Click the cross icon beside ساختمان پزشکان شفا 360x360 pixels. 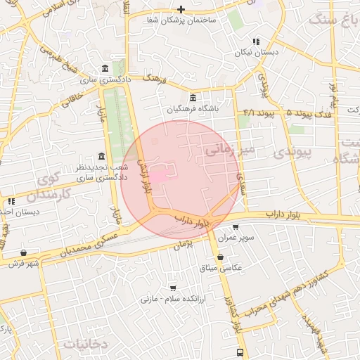pyautogui.click(x=181, y=9)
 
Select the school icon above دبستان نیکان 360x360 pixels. pyautogui.click(x=257, y=41)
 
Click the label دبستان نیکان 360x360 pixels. pyautogui.click(x=257, y=53)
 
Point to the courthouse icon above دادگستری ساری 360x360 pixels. pyautogui.click(x=105, y=68)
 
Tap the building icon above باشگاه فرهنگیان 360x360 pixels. pyautogui.click(x=193, y=97)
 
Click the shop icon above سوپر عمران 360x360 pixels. pyautogui.click(x=235, y=227)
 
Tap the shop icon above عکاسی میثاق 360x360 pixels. pyautogui.click(x=221, y=257)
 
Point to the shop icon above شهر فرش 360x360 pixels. pyautogui.click(x=24, y=252)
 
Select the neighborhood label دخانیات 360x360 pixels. pyautogui.click(x=84, y=344)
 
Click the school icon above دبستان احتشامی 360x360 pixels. pyautogui.click(x=11, y=201)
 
